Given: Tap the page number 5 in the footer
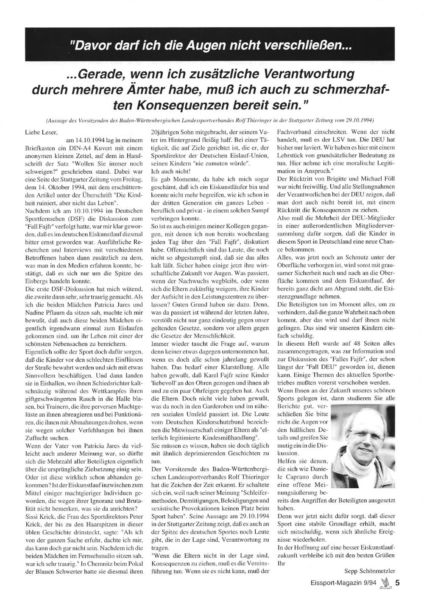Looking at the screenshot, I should [397, 582].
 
